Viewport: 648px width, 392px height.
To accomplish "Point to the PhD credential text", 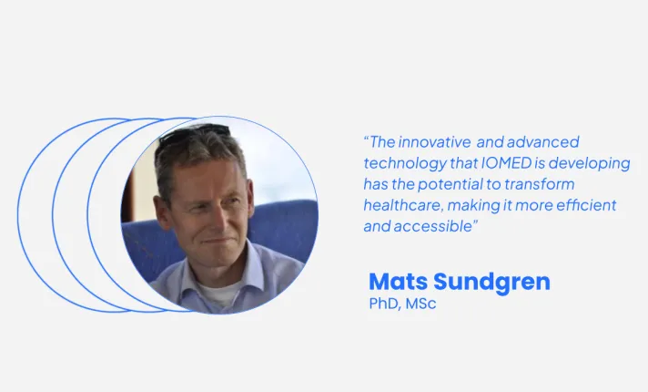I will click(x=381, y=304).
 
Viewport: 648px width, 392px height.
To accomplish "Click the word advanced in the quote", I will click(x=542, y=142).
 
